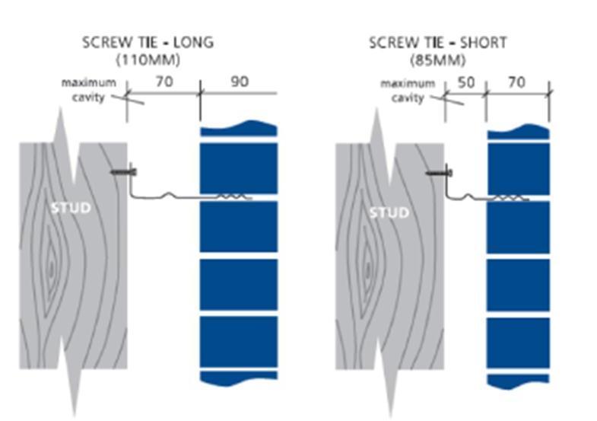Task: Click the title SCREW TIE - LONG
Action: coord(148,43)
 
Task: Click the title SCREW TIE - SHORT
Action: coord(438,43)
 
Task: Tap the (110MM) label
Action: coord(148,60)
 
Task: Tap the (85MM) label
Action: coord(438,60)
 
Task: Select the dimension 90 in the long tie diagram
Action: coord(240,81)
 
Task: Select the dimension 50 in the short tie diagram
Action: coord(466,82)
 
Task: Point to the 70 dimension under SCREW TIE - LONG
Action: coord(164,81)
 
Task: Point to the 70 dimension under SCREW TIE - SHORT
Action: coord(516,82)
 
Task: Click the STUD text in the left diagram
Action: coord(71,208)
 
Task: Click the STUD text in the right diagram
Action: coord(389,212)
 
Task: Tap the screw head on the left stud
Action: coord(133,172)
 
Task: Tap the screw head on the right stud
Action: coord(450,174)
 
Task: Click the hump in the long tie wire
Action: coord(169,194)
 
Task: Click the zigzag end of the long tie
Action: coord(233,196)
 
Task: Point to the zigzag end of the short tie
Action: coord(511,198)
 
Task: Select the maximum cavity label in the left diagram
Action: coord(89,90)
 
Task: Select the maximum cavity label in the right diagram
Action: coord(408,91)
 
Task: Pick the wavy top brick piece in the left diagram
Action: coord(239,129)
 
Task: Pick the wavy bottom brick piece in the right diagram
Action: coord(518,381)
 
